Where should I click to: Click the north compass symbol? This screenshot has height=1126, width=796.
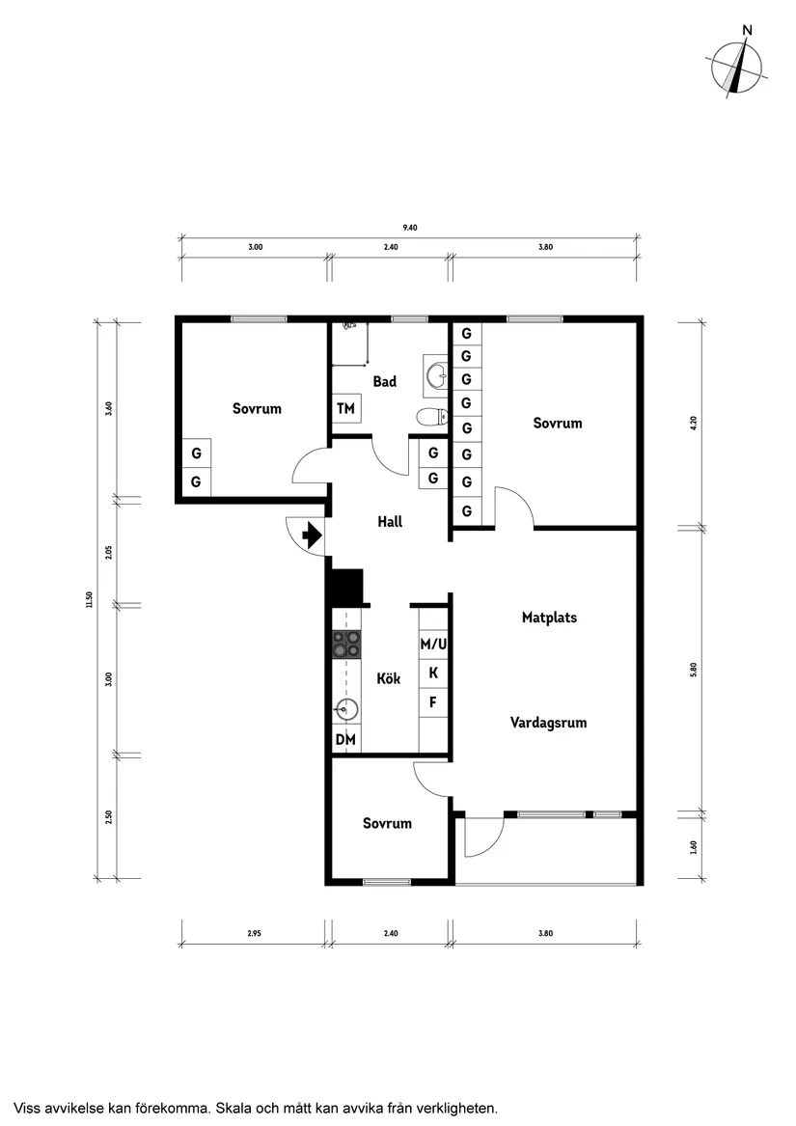[x=738, y=69]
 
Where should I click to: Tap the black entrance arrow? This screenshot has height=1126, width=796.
[x=312, y=535]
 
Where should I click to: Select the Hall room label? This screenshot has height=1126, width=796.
[x=390, y=521]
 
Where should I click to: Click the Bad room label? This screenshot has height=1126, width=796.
[x=384, y=381]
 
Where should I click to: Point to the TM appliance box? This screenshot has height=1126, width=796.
[x=345, y=408]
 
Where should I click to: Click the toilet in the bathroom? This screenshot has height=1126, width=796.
[x=432, y=417]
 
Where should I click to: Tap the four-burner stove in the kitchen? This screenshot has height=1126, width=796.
[x=346, y=645]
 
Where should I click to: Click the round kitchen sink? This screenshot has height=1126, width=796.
[x=346, y=709]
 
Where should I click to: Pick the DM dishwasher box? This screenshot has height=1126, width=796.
[x=346, y=739]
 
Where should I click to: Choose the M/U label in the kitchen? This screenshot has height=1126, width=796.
[x=433, y=645]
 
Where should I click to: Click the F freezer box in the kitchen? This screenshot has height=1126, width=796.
[x=433, y=701]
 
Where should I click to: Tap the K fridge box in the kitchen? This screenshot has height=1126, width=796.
[x=433, y=673]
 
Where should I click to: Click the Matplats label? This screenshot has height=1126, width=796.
[x=550, y=618]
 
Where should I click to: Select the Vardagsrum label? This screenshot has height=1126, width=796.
[x=549, y=723]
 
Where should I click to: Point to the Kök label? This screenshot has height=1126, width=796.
[x=389, y=678]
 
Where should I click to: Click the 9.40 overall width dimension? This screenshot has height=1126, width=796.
[x=409, y=228]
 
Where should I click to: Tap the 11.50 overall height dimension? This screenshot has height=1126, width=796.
[x=89, y=599]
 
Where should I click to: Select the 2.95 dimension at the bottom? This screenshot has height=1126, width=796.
[x=255, y=934]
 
